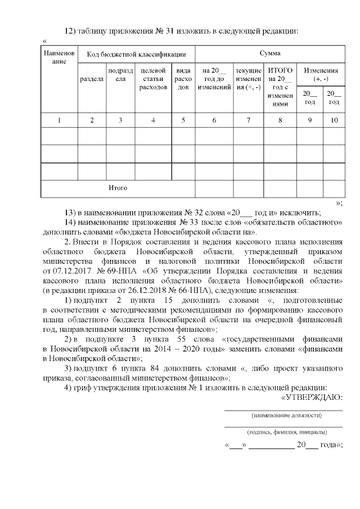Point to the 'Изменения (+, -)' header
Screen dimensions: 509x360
coord(321,75)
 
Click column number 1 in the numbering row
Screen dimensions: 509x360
coord(58,119)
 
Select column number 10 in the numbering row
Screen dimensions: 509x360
coord(334,119)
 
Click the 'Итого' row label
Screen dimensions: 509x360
coord(118,188)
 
